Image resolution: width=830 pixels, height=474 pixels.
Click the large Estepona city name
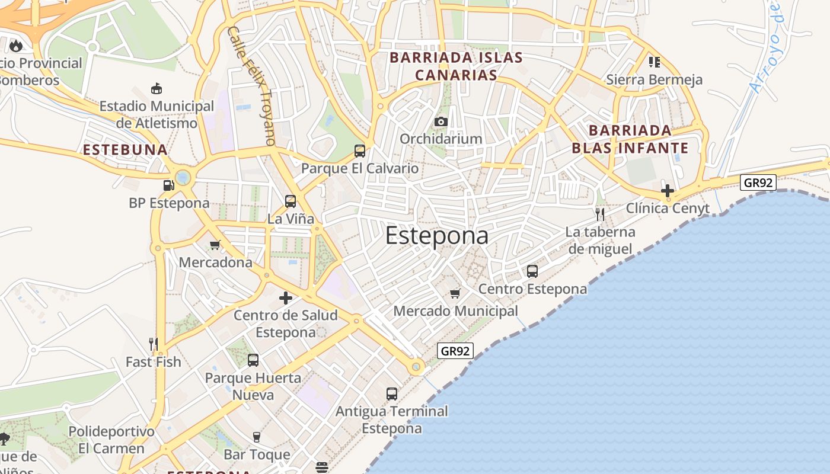coord(437,235)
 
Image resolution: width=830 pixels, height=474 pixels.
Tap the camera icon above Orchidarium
coord(440,121)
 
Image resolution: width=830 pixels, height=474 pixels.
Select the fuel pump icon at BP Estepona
coord(169,185)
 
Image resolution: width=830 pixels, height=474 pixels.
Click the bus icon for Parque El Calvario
coord(360,150)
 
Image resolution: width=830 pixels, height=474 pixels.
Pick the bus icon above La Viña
coord(290,201)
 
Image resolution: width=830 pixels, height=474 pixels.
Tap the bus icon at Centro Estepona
coord(532,271)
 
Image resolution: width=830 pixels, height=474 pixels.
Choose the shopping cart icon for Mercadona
coord(215,245)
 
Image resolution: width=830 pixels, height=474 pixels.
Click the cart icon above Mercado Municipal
coord(455,293)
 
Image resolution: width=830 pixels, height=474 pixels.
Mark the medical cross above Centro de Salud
coord(286,297)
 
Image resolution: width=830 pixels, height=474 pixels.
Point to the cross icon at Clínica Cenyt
coord(668,191)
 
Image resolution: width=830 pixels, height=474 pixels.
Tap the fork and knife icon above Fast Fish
coord(153,344)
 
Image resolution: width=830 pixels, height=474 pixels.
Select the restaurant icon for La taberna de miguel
coord(600,214)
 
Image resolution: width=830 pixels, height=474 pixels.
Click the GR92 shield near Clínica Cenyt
coord(758,182)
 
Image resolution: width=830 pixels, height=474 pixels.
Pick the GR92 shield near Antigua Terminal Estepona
coord(455,351)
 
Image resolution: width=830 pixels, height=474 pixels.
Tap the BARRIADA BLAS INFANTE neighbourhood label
coord(630,139)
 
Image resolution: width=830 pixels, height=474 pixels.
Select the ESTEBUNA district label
coord(125,149)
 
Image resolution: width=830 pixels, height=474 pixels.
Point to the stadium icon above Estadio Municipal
coord(157,89)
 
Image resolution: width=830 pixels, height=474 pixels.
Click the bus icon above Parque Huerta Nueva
coord(253,360)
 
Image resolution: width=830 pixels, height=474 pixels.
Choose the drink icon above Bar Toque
coord(257,437)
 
